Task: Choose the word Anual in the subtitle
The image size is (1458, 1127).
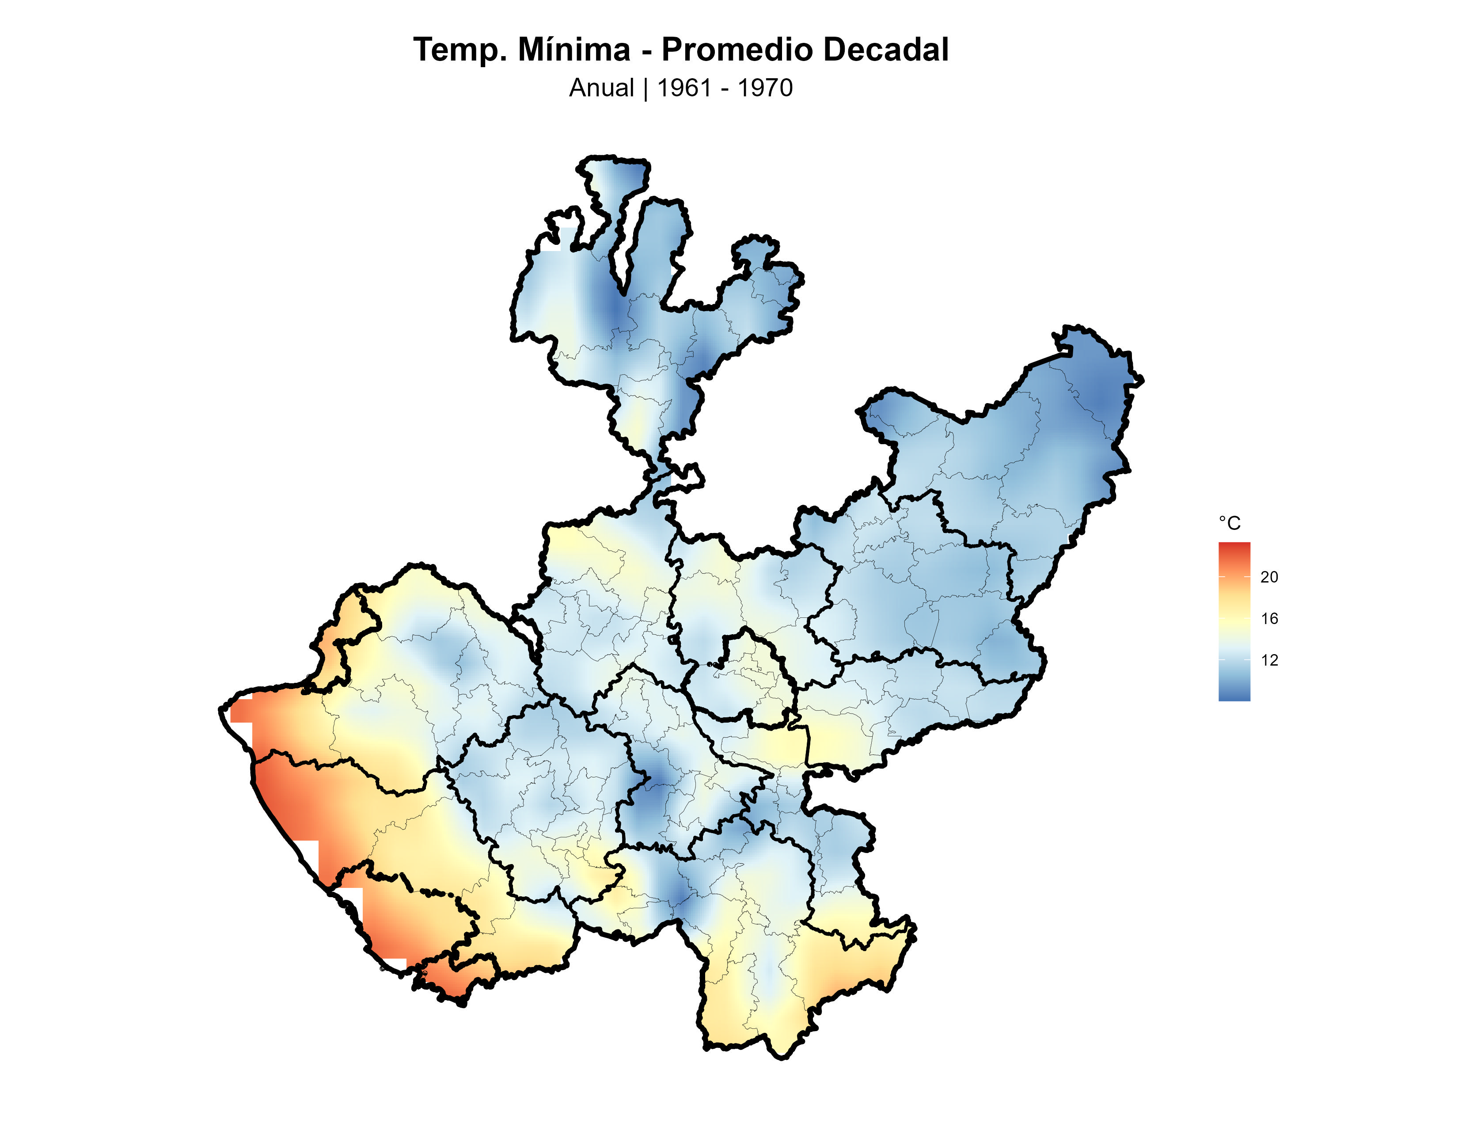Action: (601, 88)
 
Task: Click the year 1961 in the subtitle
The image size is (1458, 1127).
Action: (684, 88)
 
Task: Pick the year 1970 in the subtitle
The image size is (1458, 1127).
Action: (765, 88)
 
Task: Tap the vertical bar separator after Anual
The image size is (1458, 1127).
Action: (645, 88)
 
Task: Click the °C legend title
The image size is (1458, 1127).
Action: (1229, 523)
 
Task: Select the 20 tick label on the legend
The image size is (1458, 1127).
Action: (1268, 577)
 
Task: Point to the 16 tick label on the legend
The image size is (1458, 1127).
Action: (1268, 618)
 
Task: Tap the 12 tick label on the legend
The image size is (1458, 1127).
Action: (1268, 660)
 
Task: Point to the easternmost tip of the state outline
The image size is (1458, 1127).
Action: (1142, 381)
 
